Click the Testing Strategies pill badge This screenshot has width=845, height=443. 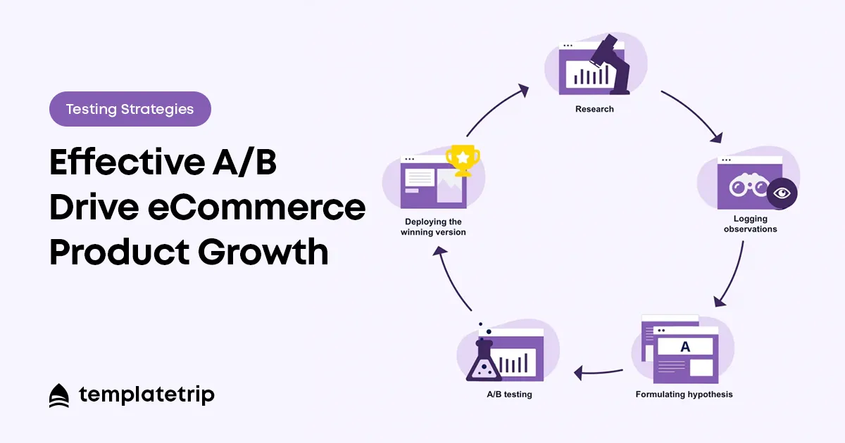(x=130, y=109)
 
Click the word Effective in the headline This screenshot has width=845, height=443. (x=127, y=162)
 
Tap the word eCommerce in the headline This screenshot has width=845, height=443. (x=256, y=207)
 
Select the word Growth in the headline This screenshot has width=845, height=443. (x=263, y=251)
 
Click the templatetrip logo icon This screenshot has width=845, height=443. (x=59, y=395)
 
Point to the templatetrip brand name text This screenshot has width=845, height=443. (x=146, y=394)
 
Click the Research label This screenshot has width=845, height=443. (x=594, y=109)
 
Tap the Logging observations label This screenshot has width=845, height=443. (x=751, y=224)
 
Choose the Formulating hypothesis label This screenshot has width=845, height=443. (x=684, y=394)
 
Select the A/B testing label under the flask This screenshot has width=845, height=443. (x=509, y=394)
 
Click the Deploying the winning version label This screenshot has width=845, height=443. (x=433, y=226)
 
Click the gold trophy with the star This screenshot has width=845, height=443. (x=463, y=160)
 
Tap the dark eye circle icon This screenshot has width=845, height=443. (x=782, y=193)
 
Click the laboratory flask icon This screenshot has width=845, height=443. (x=484, y=361)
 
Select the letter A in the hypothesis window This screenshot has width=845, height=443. (x=685, y=347)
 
